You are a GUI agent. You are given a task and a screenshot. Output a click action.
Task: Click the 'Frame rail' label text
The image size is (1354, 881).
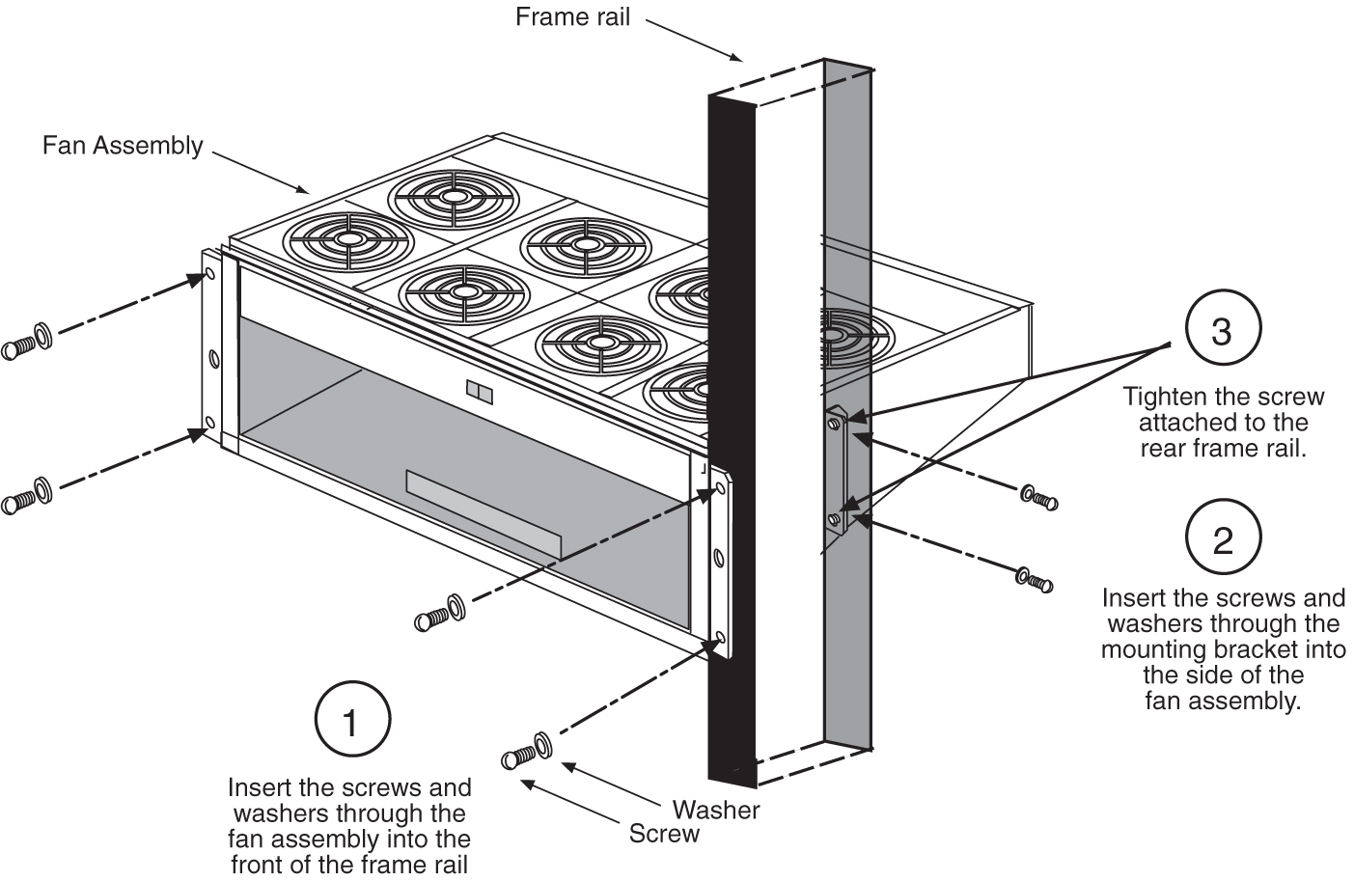[x=572, y=17]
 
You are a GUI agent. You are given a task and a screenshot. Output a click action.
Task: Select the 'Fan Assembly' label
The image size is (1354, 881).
[x=123, y=146]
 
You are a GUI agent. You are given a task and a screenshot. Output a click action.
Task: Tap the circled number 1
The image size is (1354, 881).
[x=352, y=722]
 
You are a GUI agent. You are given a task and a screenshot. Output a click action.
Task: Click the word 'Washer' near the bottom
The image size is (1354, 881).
[x=716, y=809]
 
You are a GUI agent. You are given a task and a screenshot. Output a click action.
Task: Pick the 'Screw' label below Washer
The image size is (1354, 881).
[x=664, y=834]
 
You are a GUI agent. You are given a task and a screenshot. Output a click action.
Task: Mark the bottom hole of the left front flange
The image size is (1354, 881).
[x=209, y=423]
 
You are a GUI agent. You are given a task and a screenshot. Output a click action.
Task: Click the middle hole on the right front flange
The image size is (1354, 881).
[x=719, y=557]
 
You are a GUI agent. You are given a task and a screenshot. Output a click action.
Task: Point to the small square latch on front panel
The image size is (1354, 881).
[x=478, y=392]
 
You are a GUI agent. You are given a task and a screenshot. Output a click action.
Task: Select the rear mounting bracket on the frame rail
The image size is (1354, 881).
[x=836, y=471]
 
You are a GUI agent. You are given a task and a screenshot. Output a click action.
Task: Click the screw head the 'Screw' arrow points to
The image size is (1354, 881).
[x=515, y=758]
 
